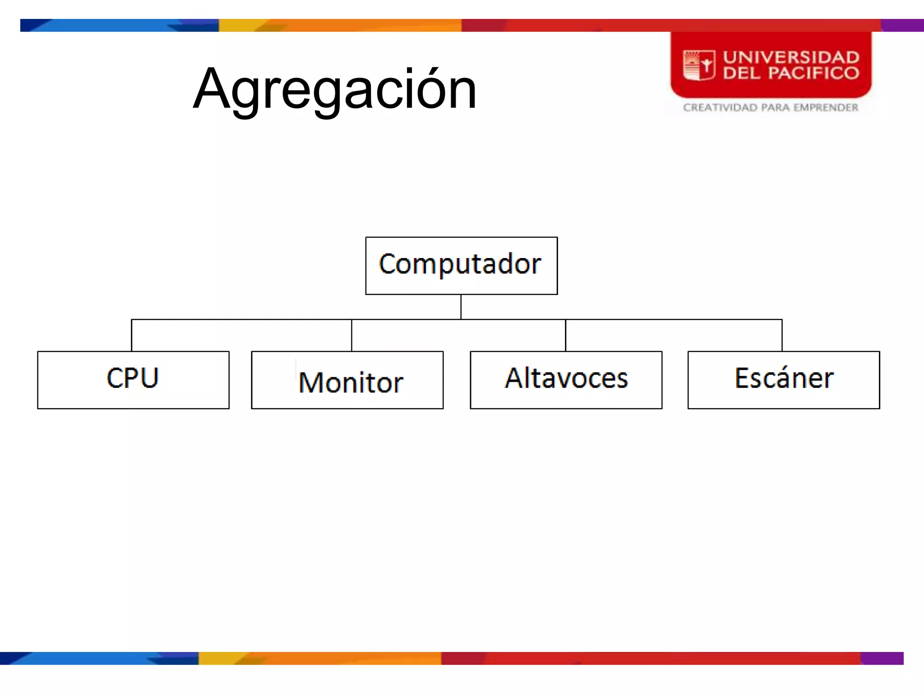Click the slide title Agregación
(x=335, y=89)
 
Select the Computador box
(x=461, y=265)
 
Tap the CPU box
(x=133, y=379)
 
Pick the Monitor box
(x=347, y=379)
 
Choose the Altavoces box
(x=566, y=379)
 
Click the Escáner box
(x=783, y=379)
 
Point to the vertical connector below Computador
(x=461, y=307)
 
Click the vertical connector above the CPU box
(x=131, y=335)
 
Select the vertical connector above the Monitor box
(x=351, y=335)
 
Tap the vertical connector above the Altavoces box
(x=565, y=335)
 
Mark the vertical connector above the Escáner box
(x=782, y=335)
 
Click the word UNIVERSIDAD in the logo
(x=791, y=57)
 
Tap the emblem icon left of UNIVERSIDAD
(x=699, y=65)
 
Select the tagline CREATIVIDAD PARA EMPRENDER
(x=770, y=107)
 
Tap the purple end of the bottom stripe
(x=882, y=658)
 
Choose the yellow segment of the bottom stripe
(x=217, y=658)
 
